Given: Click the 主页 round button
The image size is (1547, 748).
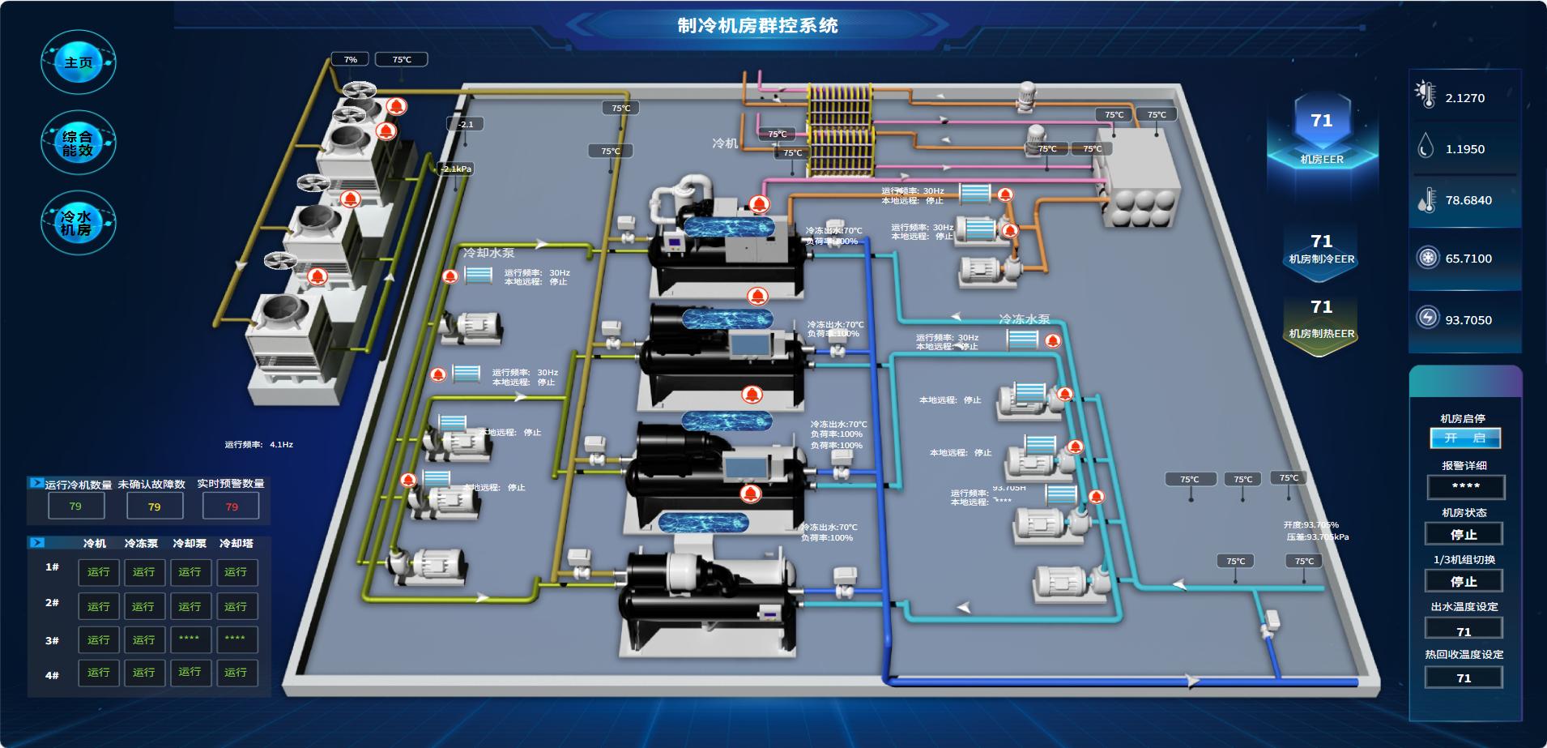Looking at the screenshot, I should [78, 62].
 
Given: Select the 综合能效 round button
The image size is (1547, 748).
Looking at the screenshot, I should [78, 143].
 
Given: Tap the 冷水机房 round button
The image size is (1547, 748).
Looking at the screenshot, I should [78, 223].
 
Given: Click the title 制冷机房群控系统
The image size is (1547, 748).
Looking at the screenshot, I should [757, 25].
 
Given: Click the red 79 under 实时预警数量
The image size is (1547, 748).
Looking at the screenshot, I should [232, 507].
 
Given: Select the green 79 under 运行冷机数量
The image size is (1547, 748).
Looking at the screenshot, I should [75, 506].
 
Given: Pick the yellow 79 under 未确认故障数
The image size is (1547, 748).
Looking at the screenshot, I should [154, 507].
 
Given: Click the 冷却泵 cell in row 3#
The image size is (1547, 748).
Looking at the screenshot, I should [190, 639].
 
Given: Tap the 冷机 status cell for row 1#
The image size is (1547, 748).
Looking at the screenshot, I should [99, 572].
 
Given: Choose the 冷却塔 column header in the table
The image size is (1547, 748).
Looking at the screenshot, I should [236, 543].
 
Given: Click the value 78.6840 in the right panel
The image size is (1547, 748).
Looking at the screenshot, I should [1468, 200].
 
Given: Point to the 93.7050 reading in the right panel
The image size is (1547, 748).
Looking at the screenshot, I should [1468, 320].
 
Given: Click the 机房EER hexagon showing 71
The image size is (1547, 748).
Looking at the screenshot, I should [1322, 130].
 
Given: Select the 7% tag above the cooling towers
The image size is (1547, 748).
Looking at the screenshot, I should [350, 59].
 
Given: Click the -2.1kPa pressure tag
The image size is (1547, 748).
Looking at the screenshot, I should [456, 169].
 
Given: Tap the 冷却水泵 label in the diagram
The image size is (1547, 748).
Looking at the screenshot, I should [488, 253].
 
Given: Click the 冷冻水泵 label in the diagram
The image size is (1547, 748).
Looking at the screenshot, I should [1024, 319].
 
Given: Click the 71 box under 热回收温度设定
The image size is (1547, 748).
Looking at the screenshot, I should [1464, 677].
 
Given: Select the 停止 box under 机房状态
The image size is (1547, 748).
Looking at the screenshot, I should [1464, 534].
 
